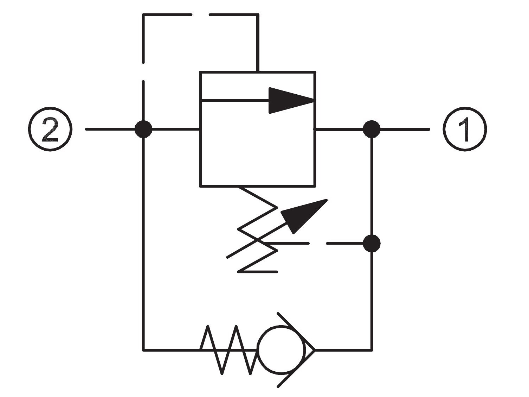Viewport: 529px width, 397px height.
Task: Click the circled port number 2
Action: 50,129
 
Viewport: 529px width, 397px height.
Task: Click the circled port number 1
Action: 465,129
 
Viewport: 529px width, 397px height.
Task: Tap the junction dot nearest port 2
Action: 143,130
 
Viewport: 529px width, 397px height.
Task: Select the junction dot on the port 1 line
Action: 372,130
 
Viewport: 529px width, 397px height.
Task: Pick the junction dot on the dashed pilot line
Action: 372,244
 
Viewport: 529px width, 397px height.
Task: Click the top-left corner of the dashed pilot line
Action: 143,15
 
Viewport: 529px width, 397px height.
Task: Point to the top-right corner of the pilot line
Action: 258,15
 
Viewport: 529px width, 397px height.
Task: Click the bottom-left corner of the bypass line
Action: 144,350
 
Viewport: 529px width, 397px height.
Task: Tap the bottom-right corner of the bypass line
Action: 372,350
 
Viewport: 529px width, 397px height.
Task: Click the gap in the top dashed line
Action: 200,15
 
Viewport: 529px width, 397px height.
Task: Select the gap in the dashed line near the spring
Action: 318,244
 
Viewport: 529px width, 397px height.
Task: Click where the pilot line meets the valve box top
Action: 258,72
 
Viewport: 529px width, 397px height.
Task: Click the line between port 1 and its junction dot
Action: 405,130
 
